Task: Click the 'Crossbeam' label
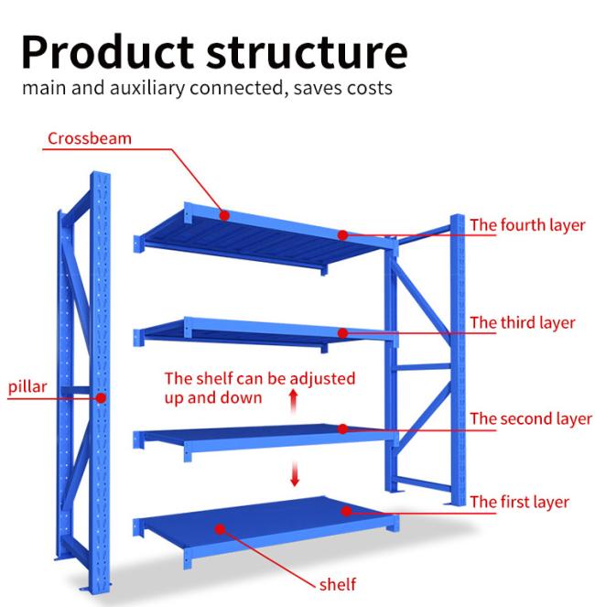[90, 138]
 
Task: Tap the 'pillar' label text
[27, 386]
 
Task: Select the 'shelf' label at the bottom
[338, 584]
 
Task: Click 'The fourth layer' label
[527, 225]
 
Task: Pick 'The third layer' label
[523, 323]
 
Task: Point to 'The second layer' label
[531, 419]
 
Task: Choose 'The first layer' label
[520, 502]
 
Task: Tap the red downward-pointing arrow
[295, 474]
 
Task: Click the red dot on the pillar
[101, 398]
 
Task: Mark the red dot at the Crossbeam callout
[224, 215]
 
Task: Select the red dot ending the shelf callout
[220, 529]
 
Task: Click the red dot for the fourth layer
[342, 235]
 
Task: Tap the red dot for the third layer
[342, 333]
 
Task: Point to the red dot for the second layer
[342, 428]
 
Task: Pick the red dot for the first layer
[346, 512]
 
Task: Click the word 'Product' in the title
[107, 52]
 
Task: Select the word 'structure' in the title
[307, 53]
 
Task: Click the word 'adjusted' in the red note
[322, 379]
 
